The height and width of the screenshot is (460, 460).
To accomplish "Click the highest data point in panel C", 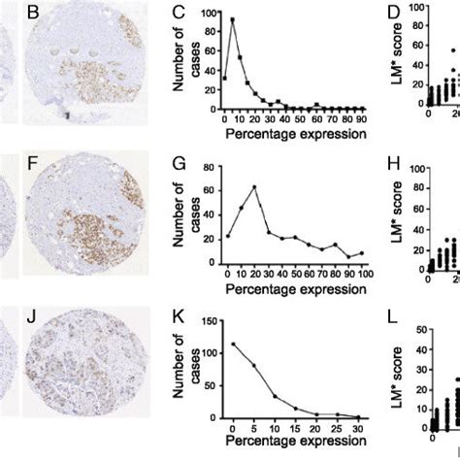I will (x=232, y=19).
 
